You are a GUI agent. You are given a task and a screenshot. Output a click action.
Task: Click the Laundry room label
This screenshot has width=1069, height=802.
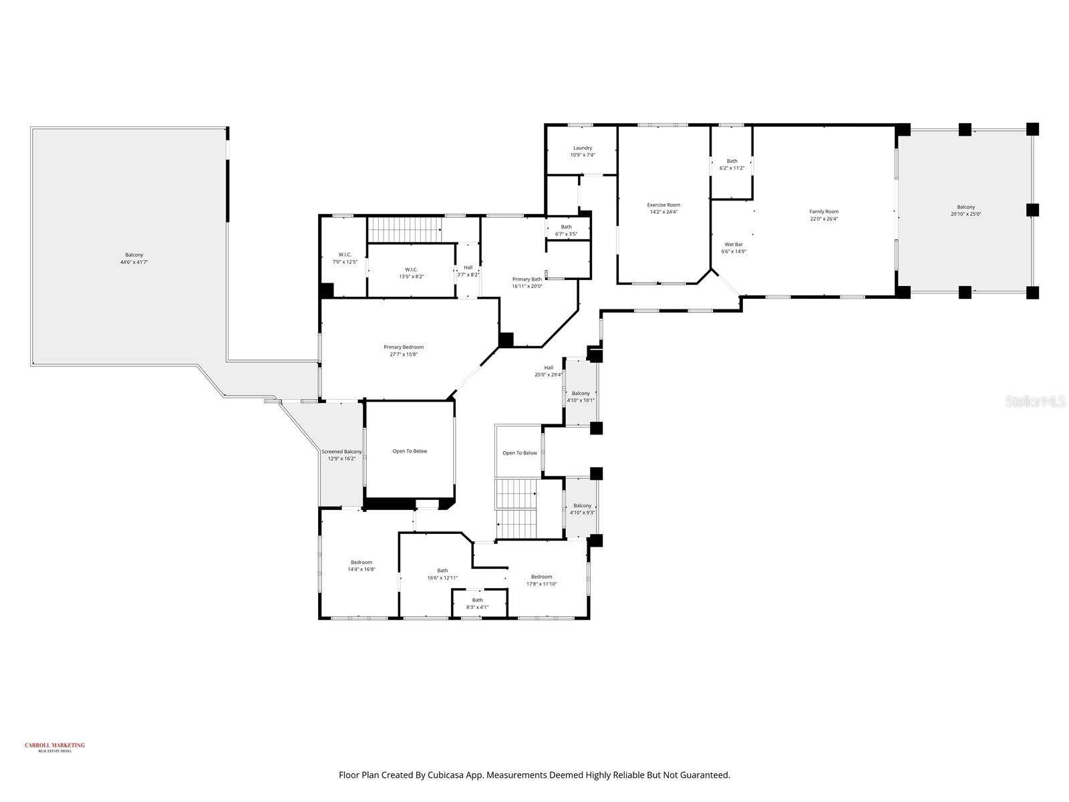582,148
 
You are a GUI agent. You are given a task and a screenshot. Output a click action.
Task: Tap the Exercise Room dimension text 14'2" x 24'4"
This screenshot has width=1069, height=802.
663,213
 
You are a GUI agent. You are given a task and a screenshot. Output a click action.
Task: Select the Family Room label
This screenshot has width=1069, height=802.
823,212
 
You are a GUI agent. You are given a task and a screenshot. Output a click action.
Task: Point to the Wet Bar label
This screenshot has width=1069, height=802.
733,245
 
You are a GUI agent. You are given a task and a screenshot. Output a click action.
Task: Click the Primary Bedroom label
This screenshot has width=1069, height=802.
403,348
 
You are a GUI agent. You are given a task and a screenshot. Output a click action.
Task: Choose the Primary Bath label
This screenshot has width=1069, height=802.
526,279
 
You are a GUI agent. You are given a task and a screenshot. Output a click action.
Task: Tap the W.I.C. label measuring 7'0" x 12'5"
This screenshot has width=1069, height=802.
345,255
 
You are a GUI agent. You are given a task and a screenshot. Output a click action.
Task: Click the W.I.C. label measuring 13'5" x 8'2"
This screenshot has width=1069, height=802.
411,269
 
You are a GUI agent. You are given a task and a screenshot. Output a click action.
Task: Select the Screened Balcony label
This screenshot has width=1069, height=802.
341,452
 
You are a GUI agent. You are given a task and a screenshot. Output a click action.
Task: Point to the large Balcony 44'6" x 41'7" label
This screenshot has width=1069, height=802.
134,255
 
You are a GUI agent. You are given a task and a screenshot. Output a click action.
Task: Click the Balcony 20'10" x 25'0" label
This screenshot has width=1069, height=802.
965,208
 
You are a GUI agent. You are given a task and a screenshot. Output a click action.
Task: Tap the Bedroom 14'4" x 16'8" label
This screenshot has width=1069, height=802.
361,563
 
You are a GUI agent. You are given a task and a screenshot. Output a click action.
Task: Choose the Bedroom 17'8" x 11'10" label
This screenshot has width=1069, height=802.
541,577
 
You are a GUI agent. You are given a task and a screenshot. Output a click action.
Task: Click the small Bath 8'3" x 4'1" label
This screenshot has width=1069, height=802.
477,600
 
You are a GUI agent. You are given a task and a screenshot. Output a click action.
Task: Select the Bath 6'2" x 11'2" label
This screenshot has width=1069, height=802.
732,161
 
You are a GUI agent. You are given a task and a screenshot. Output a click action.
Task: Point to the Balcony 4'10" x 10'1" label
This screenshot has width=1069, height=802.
581,394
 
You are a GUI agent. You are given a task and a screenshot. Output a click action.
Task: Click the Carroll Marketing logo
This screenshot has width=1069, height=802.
55,747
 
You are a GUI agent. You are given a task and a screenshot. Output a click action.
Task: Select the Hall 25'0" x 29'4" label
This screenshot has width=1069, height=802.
548,368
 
